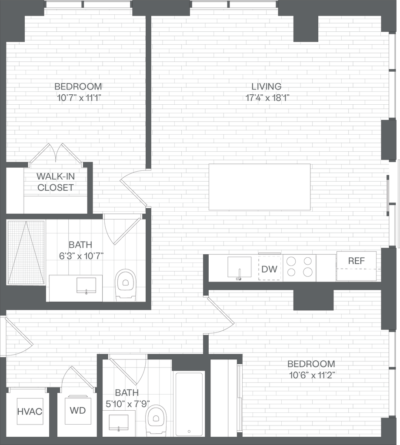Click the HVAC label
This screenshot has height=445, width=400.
30,411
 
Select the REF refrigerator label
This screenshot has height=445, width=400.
356,261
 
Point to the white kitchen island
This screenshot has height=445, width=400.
260,187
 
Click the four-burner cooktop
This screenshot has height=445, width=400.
300,267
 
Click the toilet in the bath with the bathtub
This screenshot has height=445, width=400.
156,421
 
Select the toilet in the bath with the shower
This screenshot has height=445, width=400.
126,285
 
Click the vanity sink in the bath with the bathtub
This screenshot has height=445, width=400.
118,423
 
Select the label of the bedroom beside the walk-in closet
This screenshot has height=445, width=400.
78,91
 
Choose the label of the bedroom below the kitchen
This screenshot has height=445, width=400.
311,369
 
